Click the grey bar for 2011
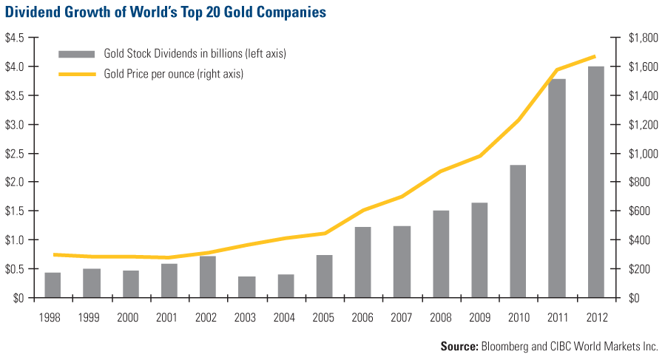pos(557,189)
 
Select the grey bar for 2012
pos(596,182)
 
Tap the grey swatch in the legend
pos(78,53)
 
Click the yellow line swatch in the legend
pos(78,73)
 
